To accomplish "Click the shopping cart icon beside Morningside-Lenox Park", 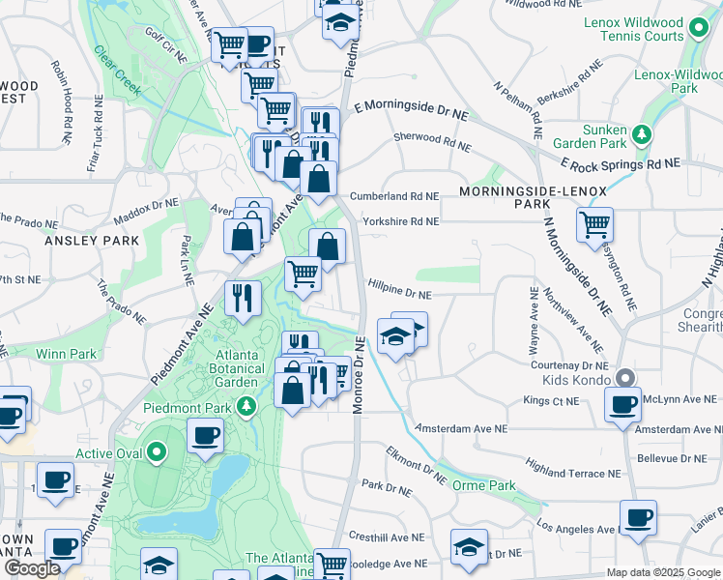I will click(594, 226).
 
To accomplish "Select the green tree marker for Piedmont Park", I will click(248, 405).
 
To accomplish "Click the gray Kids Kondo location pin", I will click(625, 379).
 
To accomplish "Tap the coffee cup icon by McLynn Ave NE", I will click(622, 404).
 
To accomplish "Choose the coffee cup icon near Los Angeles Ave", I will click(638, 518).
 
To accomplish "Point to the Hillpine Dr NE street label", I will click(399, 290).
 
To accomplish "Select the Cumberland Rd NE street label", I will click(394, 195).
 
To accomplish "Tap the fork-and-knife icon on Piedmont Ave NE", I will click(243, 297).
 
